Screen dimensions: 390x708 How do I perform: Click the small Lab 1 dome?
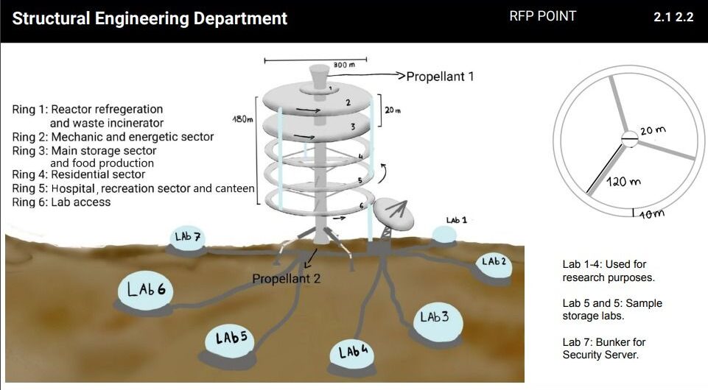(x=444, y=233)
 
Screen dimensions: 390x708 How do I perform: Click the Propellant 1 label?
(x=441, y=76)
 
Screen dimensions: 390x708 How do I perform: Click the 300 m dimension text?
(x=339, y=65)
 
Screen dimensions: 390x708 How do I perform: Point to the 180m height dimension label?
(x=243, y=118)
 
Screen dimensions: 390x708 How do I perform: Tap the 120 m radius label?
(x=623, y=180)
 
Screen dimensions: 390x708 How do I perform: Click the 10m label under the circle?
(x=649, y=214)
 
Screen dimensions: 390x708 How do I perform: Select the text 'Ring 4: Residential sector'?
(x=79, y=174)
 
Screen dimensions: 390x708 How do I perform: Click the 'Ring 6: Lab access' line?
(x=61, y=202)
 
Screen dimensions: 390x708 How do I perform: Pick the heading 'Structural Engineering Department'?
(x=150, y=18)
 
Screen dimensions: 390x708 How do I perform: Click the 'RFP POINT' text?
(x=542, y=16)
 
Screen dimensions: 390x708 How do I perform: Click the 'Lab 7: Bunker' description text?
(x=603, y=348)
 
